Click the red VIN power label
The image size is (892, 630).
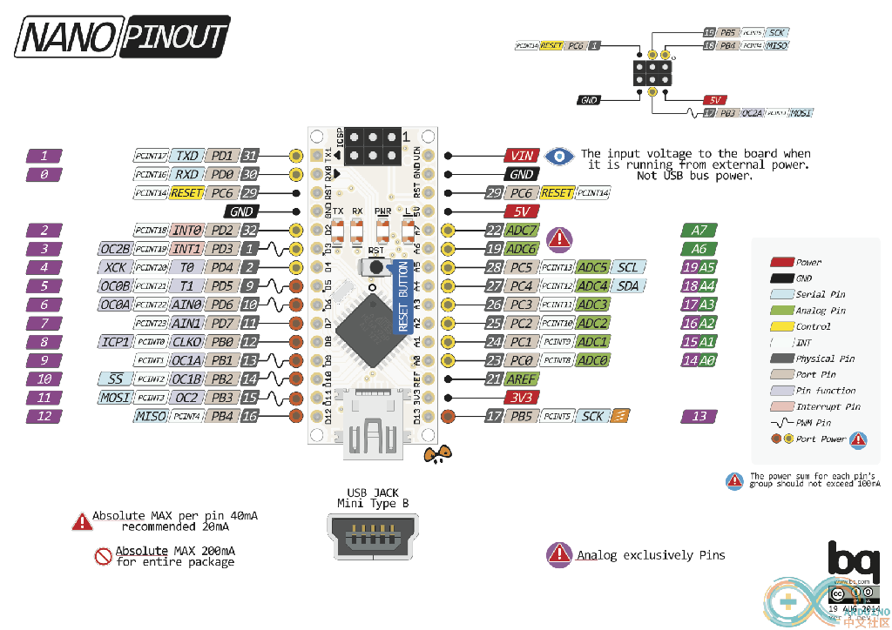click(x=522, y=156)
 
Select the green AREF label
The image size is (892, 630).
click(x=522, y=379)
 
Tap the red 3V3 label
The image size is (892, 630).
click(x=522, y=398)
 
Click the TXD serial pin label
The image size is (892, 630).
click(x=186, y=156)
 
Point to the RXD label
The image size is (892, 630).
click(x=186, y=174)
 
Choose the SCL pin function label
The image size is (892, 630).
click(x=628, y=267)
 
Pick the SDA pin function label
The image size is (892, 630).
click(x=628, y=285)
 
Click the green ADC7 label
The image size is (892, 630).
click(x=522, y=231)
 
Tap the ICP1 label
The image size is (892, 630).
click(x=116, y=342)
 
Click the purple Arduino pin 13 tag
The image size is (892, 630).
click(x=699, y=417)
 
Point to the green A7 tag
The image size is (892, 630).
click(x=699, y=231)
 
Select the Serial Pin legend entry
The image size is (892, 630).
click(x=820, y=294)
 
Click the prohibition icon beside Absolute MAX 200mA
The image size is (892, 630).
click(x=104, y=556)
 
